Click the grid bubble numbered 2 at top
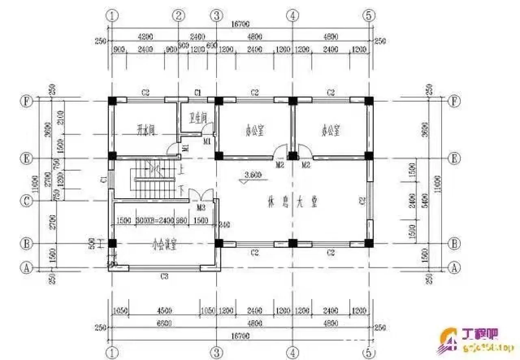tap(178, 15)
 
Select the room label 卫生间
tap(198, 118)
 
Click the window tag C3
tap(164, 277)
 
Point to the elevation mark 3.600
tap(253, 176)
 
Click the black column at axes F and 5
tap(368, 100)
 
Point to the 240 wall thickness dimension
tap(224, 224)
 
